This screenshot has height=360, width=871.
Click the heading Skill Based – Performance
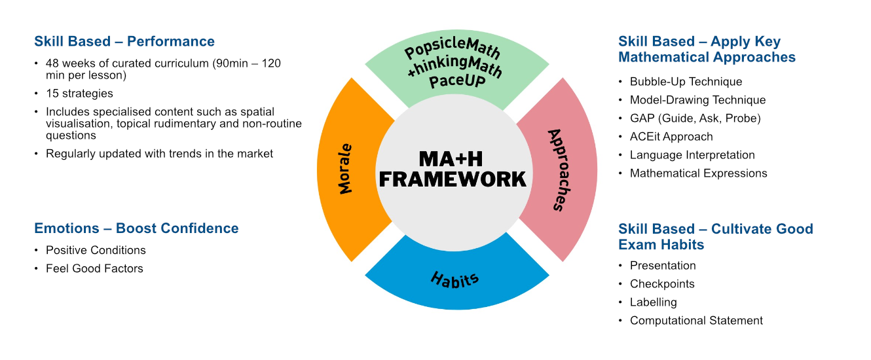click(124, 41)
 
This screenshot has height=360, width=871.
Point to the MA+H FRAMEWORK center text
click(453, 169)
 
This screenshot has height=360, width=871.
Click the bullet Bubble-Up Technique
click(686, 82)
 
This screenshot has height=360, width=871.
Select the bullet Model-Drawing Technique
click(697, 100)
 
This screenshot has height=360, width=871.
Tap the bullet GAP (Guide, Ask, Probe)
click(695, 118)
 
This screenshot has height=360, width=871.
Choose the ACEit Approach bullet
click(671, 137)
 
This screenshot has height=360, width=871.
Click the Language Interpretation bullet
click(692, 155)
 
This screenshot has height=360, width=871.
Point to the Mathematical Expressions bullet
click(698, 173)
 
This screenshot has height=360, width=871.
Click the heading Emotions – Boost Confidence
click(136, 228)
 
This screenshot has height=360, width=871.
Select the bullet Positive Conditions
click(96, 250)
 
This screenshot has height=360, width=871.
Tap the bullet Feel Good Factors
click(94, 268)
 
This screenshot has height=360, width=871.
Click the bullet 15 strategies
click(79, 94)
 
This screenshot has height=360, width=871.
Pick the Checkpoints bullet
click(662, 284)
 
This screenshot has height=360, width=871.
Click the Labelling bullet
click(653, 302)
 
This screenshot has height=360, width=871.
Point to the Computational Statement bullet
click(696, 321)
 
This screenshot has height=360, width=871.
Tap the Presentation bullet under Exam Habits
click(663, 266)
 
